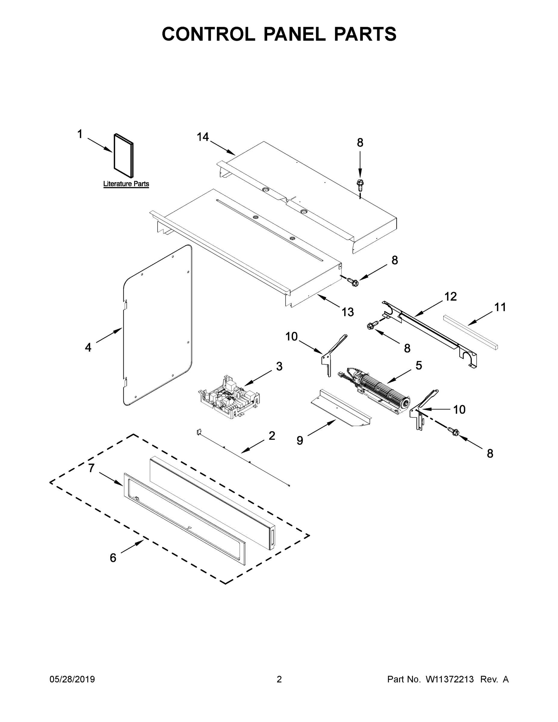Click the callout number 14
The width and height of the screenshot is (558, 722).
(x=203, y=137)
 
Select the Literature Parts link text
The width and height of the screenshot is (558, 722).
(x=126, y=184)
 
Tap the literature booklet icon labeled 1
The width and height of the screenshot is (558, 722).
(x=124, y=155)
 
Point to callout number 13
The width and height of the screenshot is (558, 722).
(x=347, y=312)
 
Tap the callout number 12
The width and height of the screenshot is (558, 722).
(x=450, y=297)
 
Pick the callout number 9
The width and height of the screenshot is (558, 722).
(x=300, y=440)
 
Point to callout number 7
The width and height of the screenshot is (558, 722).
(x=91, y=468)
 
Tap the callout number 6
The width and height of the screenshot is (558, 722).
(x=113, y=558)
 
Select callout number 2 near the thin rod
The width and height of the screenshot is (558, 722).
(x=272, y=436)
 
